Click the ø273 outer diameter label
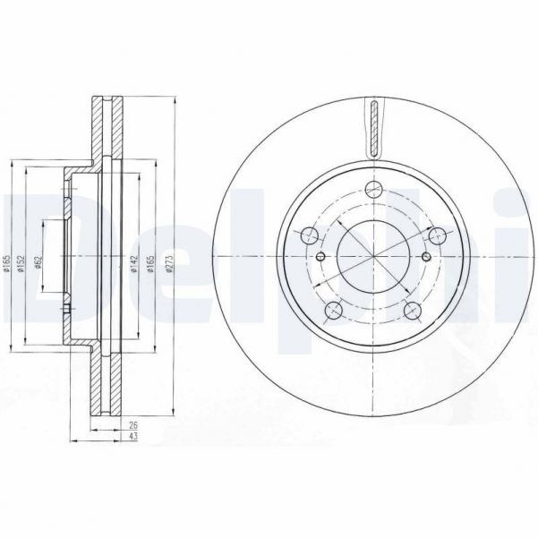[167, 264]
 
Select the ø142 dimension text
[132, 264]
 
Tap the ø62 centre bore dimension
[38, 261]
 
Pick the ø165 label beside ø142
[149, 264]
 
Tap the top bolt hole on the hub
[375, 191]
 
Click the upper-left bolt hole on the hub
[311, 235]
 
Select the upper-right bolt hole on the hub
[438, 235]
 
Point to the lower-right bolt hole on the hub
[414, 311]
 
